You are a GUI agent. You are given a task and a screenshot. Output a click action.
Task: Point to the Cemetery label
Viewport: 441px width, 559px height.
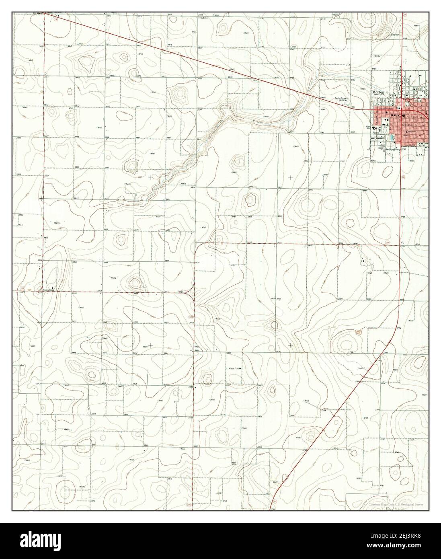[x=396, y=34]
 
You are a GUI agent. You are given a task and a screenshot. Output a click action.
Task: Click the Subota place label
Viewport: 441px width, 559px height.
[x=201, y=18]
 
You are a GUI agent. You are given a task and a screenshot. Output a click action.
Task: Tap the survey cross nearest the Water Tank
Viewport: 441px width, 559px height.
[x=290, y=345]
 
